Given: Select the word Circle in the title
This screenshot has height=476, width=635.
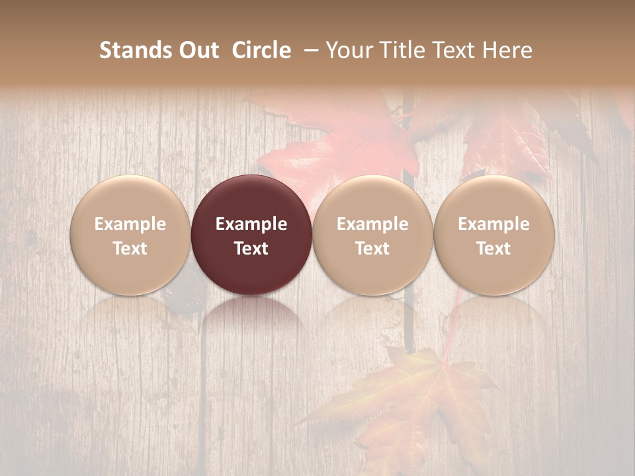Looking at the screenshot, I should [x=261, y=50].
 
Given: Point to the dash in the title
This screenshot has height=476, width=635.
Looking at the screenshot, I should [x=308, y=50].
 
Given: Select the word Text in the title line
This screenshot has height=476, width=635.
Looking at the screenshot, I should [x=453, y=50].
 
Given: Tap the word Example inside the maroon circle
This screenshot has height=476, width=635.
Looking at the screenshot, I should [x=251, y=224].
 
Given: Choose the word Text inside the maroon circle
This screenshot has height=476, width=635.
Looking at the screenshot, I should [x=251, y=249].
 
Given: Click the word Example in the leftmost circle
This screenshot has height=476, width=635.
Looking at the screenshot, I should [x=130, y=224].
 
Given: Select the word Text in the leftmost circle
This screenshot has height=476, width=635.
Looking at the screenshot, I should [x=130, y=249].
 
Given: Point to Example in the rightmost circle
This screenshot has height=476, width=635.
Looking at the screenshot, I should [x=493, y=224].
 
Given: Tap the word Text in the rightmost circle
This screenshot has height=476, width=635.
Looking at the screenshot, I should [x=493, y=249].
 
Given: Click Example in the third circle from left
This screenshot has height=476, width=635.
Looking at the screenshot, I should [x=372, y=224].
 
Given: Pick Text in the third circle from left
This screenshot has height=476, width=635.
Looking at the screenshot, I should [x=372, y=249].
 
